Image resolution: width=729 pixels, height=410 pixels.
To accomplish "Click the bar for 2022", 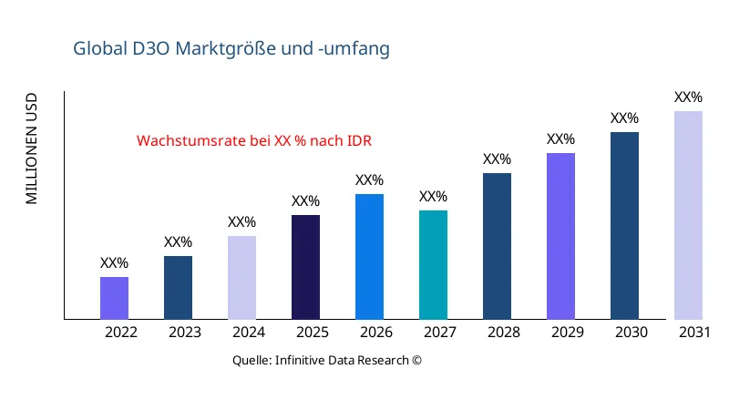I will pyautogui.click(x=114, y=298).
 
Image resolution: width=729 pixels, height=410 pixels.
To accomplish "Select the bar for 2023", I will pyautogui.click(x=178, y=288).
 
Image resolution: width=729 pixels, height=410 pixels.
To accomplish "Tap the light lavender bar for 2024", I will pyautogui.click(x=241, y=278).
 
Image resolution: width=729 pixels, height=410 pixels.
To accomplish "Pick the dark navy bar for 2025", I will pyautogui.click(x=305, y=267).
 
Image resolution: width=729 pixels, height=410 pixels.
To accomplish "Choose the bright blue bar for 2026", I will pyautogui.click(x=369, y=257).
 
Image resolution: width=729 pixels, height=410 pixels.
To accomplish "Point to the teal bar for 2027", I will pyautogui.click(x=433, y=265).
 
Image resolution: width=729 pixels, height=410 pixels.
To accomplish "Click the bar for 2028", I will pyautogui.click(x=497, y=246).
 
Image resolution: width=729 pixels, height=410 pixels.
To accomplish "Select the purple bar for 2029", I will pyautogui.click(x=560, y=236).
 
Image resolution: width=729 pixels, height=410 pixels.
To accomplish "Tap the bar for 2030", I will pyautogui.click(x=624, y=226).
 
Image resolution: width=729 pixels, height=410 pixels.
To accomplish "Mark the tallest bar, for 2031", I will pyautogui.click(x=688, y=215).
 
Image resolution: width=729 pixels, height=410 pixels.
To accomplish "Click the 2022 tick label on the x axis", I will pyautogui.click(x=121, y=333).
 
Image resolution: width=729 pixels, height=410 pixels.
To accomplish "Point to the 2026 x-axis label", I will pyautogui.click(x=376, y=333).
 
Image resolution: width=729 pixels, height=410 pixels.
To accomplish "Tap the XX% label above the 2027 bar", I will pyautogui.click(x=433, y=197).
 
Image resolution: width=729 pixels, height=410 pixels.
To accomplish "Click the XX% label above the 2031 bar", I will pyautogui.click(x=688, y=97).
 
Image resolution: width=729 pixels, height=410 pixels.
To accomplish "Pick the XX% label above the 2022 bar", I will pyautogui.click(x=114, y=263).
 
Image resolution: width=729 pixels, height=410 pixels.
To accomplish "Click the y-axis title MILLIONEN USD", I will pyautogui.click(x=32, y=148).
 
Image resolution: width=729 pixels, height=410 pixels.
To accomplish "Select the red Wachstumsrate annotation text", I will pyautogui.click(x=254, y=141).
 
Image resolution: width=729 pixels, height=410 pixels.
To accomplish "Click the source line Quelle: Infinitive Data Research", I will pyautogui.click(x=327, y=360).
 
